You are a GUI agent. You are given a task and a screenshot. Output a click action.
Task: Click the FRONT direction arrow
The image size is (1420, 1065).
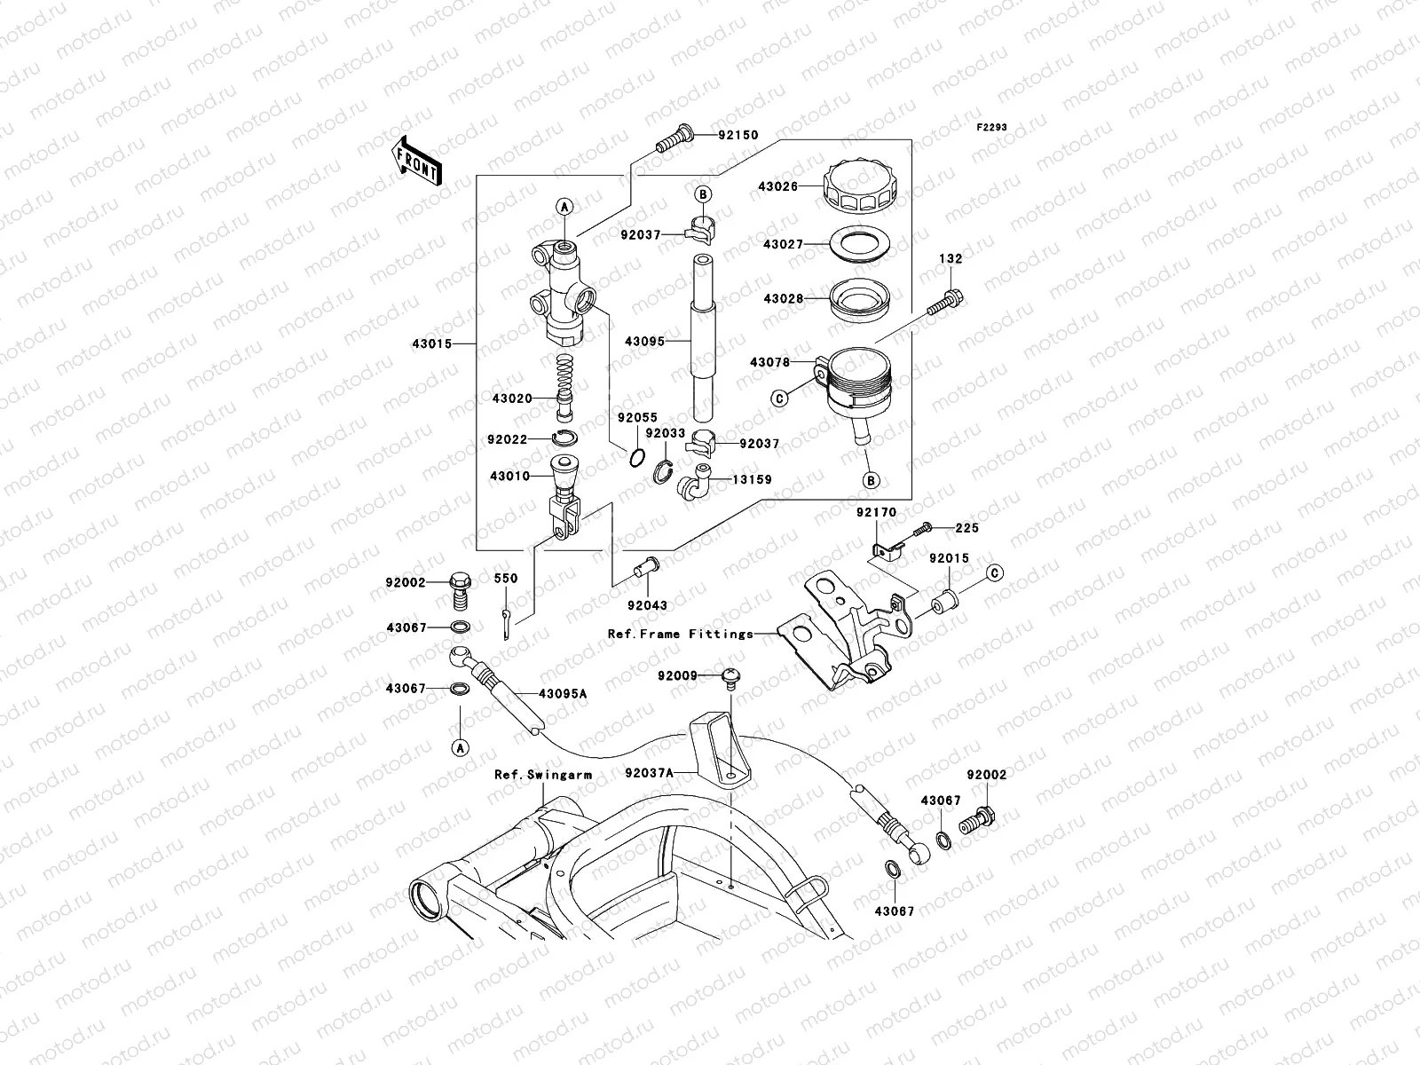coord(416,160)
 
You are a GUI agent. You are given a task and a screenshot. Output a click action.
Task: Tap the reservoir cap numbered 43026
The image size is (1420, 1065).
coord(861,188)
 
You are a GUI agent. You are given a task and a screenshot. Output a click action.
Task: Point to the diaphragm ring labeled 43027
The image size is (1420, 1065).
coord(857,242)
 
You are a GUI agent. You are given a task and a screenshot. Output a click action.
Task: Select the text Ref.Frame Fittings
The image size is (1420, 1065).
coord(680,634)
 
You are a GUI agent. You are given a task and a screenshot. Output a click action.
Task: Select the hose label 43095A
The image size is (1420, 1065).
coord(563,693)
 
